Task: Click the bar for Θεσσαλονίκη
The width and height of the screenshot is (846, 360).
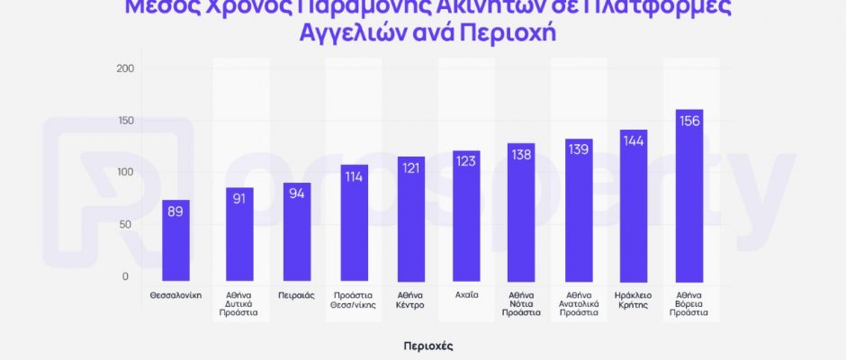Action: (x=176, y=240)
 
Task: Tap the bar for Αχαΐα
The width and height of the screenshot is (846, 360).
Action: (x=466, y=216)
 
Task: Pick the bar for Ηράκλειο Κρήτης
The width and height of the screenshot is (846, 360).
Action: (x=634, y=206)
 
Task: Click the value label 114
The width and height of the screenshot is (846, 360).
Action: (x=354, y=176)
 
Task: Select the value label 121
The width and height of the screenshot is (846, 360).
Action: (x=410, y=169)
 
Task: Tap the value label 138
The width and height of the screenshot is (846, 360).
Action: (x=521, y=156)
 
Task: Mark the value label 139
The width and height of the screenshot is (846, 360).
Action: (x=579, y=149)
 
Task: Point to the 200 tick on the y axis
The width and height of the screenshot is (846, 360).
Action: (x=125, y=68)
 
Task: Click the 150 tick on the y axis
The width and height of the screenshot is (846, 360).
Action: (x=125, y=121)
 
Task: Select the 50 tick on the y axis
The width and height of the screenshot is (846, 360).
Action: (x=126, y=224)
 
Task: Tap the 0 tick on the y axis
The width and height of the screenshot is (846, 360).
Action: (x=126, y=276)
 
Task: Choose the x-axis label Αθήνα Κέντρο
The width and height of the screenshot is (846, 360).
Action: (x=410, y=300)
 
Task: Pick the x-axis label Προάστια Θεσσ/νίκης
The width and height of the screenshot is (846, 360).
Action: (x=354, y=300)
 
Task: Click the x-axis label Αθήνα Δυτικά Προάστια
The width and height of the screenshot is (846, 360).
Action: (x=240, y=304)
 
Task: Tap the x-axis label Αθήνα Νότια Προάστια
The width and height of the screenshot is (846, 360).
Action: (x=521, y=304)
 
